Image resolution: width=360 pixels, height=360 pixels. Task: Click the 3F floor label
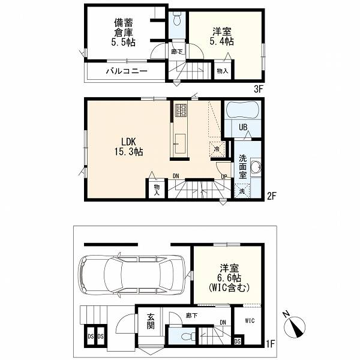pyautogui.click(x=258, y=89)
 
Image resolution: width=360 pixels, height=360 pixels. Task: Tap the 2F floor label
pyautogui.click(x=271, y=196)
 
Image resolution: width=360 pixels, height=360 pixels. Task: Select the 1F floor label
pyautogui.click(x=270, y=344)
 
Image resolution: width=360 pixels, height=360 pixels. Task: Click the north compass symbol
pyautogui.click(x=294, y=326)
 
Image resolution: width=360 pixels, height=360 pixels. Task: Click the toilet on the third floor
pyautogui.click(x=177, y=19)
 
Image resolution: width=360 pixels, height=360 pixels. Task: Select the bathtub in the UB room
pyautogui.click(x=242, y=110)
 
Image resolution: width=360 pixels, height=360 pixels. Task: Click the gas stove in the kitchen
pyautogui.click(x=181, y=110)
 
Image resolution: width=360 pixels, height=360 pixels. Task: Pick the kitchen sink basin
pyautogui.click(x=180, y=144)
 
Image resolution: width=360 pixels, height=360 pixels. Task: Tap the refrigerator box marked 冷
pyautogui.click(x=217, y=149)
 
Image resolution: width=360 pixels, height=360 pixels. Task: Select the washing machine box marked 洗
pyautogui.click(x=242, y=191)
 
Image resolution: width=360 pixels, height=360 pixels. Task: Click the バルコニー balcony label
pyautogui.click(x=127, y=71)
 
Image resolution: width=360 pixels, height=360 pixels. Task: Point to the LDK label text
pyautogui.click(x=129, y=142)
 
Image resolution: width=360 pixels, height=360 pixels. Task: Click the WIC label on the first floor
pyautogui.click(x=250, y=320)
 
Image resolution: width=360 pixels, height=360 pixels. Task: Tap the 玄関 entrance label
pyautogui.click(x=151, y=322)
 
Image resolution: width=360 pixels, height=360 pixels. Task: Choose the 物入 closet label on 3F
pyautogui.click(x=222, y=71)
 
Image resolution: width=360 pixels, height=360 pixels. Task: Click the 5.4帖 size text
pyautogui.click(x=222, y=41)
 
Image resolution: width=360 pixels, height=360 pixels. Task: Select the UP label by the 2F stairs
pyautogui.click(x=224, y=176)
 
